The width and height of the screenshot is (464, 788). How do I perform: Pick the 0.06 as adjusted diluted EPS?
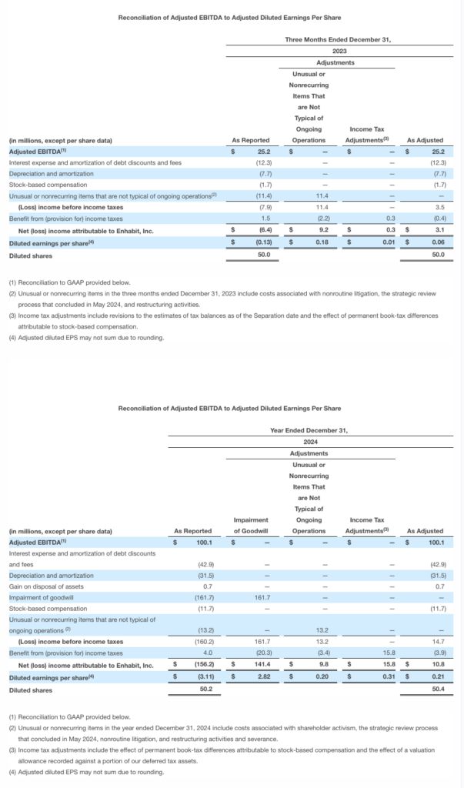click(439, 242)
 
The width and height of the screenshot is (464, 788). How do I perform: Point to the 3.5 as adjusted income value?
click(439, 207)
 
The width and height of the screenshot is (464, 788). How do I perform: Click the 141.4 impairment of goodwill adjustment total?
click(260, 664)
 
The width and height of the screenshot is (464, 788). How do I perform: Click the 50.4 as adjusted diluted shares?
click(439, 689)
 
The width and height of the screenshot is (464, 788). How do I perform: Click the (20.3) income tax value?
click(261, 653)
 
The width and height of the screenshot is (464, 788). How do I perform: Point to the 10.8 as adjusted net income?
click(439, 664)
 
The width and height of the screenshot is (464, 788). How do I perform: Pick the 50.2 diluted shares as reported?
click(204, 689)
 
